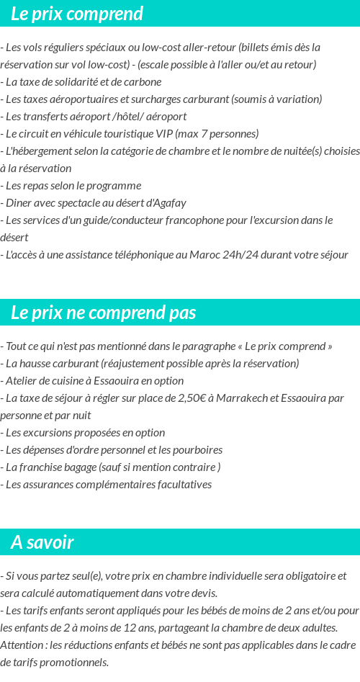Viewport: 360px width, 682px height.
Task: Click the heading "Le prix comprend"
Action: [x=77, y=14]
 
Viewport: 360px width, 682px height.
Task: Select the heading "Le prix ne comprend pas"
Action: [x=104, y=313]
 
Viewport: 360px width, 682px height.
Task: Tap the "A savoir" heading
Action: [x=42, y=542]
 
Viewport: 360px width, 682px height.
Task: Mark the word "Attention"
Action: [x=22, y=645]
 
